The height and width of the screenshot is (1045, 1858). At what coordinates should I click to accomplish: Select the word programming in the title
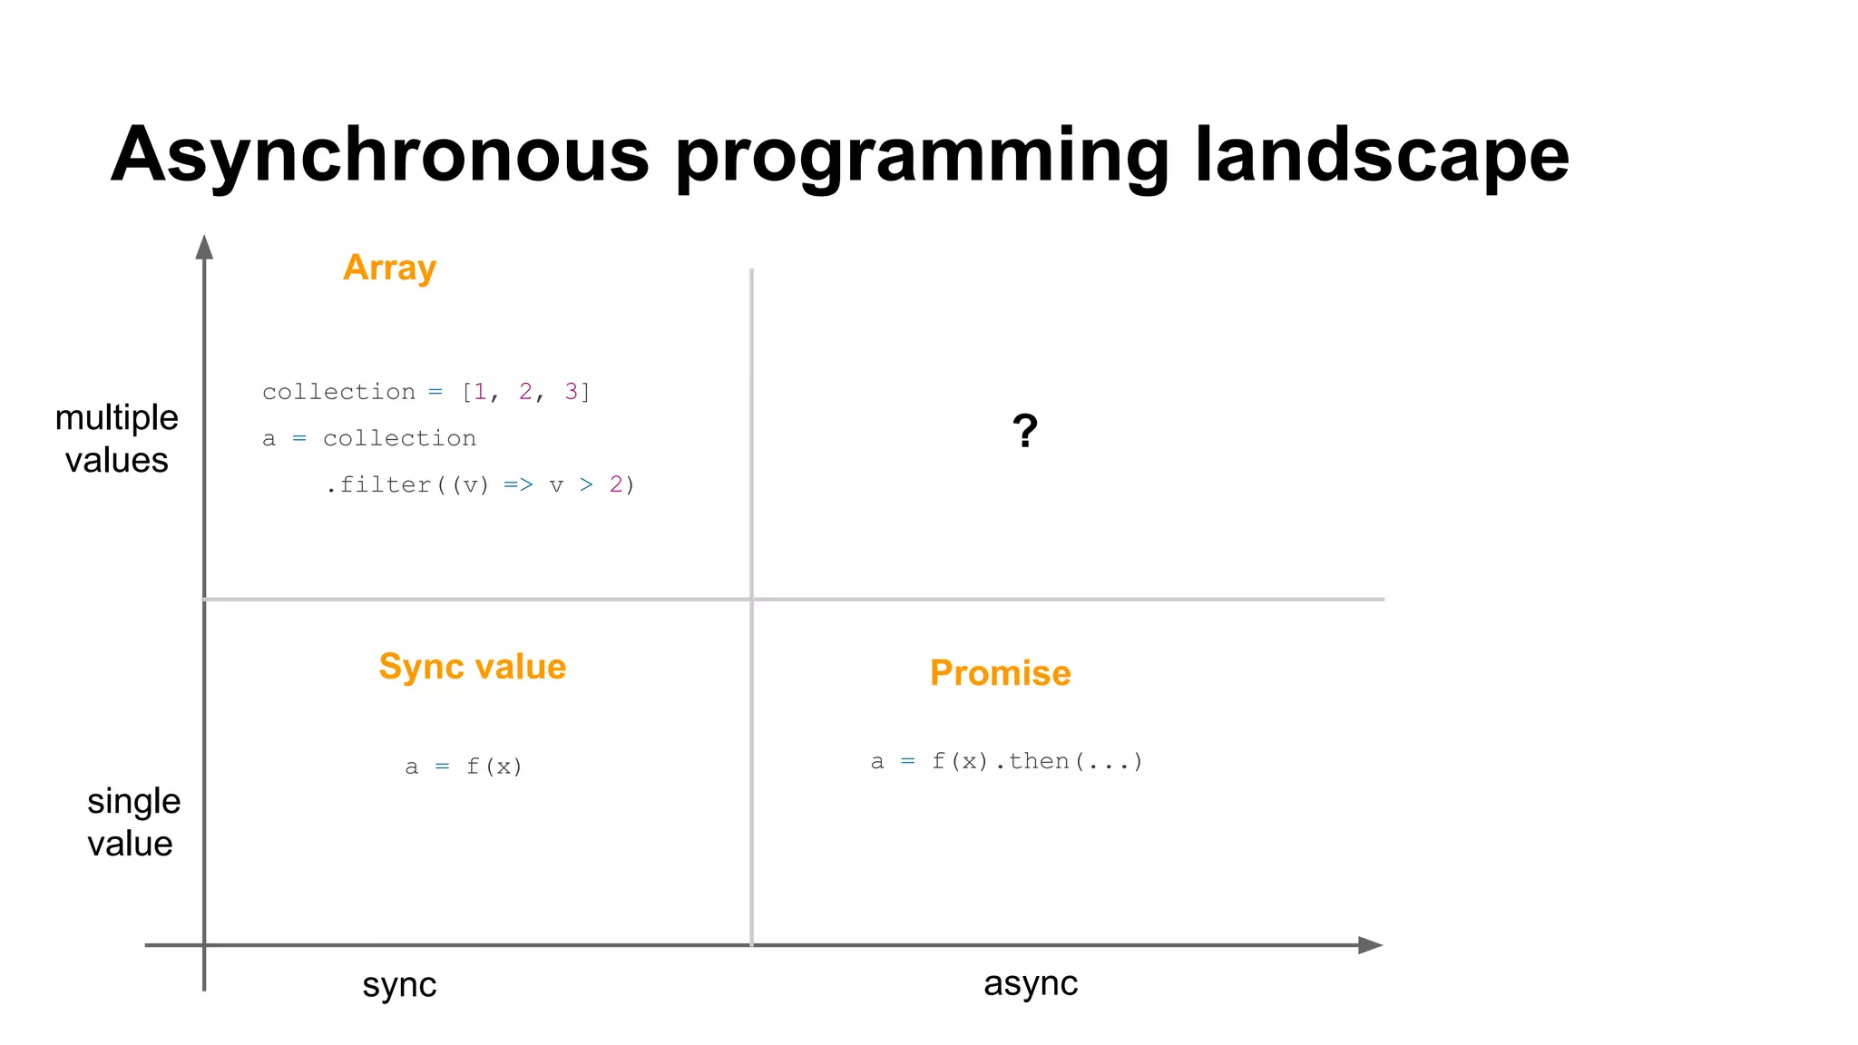coord(922,156)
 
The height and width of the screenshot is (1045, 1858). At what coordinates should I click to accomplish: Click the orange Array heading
coord(389,268)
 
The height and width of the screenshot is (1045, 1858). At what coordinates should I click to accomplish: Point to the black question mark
coord(1024,431)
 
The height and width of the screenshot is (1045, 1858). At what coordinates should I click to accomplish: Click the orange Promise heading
coord(1000,673)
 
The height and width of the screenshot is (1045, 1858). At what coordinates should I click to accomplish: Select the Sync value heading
coord(472,667)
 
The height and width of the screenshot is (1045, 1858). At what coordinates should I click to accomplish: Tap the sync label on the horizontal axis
coord(399,984)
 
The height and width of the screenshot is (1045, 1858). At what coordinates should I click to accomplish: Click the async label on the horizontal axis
coord(1030,983)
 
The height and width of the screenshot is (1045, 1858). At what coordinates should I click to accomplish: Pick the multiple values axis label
coord(116,439)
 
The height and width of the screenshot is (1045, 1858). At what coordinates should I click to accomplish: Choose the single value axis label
coord(132,822)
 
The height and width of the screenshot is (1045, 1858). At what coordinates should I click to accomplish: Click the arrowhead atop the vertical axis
coord(204,247)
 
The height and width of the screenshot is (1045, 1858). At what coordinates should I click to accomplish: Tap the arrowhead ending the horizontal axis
coord(1370,945)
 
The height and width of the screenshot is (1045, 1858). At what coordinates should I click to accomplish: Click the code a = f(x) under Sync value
coord(464,767)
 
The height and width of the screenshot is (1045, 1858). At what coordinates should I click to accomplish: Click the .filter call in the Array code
coord(378,485)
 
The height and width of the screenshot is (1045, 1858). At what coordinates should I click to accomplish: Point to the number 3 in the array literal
coord(572,392)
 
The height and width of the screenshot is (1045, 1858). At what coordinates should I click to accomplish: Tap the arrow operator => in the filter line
coord(518,485)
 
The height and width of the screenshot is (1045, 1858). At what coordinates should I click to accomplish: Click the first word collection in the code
coord(338,392)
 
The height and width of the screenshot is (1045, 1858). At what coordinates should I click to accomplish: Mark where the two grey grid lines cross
coord(751,599)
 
